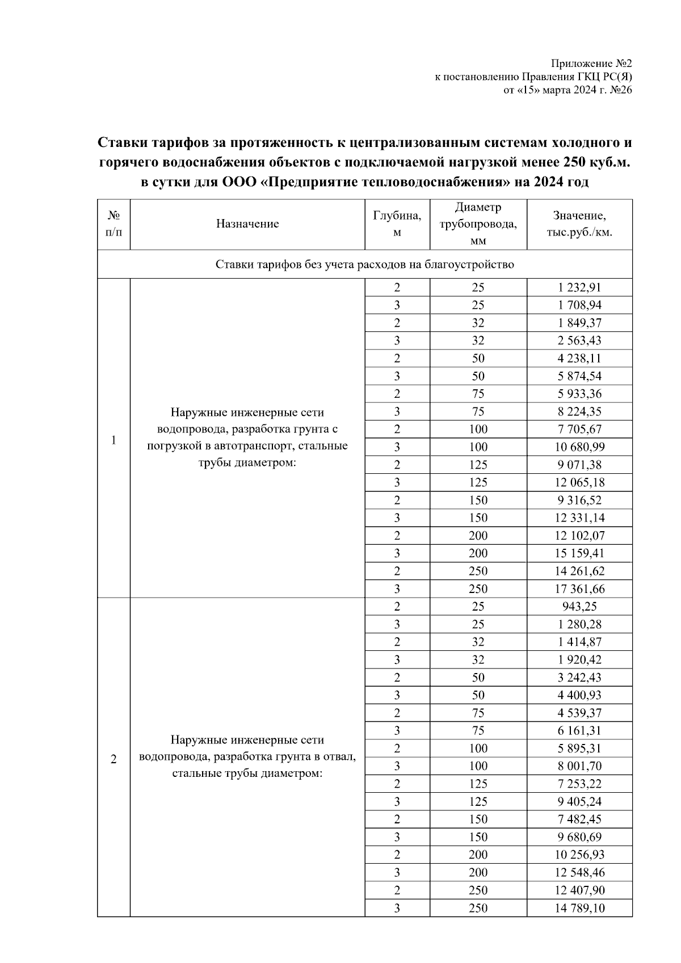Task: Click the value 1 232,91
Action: click(579, 287)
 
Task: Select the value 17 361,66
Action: click(579, 589)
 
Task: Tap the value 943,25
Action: click(579, 607)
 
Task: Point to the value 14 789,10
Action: click(579, 908)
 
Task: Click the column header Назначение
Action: click(247, 224)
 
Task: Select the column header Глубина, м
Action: click(397, 224)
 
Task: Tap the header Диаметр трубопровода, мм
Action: click(478, 224)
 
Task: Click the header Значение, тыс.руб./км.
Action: click(579, 224)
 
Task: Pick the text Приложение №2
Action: click(591, 64)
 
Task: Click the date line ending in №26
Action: click(567, 90)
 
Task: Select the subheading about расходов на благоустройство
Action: click(364, 264)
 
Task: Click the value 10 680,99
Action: click(579, 447)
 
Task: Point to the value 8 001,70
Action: click(579, 766)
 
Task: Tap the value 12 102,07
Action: click(579, 536)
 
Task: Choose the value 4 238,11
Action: click(579, 358)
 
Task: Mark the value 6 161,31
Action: click(579, 731)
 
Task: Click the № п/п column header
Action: click(113, 224)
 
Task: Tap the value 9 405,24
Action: click(579, 802)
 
